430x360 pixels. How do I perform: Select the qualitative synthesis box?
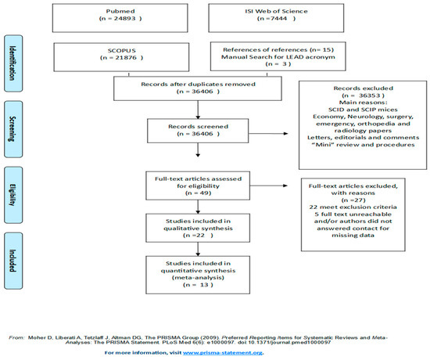pyautogui.click(x=187, y=232)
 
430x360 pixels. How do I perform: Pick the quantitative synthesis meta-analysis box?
pyautogui.click(x=187, y=271)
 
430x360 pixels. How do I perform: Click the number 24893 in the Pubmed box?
pyautogui.click(x=123, y=24)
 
